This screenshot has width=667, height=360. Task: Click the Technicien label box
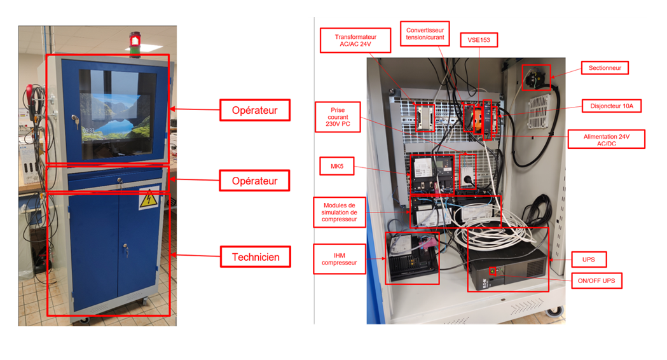coord(255,257)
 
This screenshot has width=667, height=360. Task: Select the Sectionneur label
coord(604,67)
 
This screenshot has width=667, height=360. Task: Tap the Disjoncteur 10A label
coord(611,106)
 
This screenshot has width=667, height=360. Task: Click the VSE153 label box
coord(479,40)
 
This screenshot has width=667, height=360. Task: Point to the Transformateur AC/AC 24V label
coord(355,41)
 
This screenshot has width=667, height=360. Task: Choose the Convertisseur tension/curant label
coord(425,34)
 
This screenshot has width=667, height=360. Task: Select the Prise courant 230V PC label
coord(338,118)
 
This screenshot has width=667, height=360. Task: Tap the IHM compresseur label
coord(340,259)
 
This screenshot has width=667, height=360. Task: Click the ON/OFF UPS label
coord(595,280)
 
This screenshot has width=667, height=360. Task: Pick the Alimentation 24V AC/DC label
coord(614,140)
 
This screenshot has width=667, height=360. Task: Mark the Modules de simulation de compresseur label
coord(340,212)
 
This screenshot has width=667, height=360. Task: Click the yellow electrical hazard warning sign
coord(148,200)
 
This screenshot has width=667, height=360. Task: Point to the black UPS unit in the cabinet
coord(507,269)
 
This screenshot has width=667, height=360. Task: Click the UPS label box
coord(588,260)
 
